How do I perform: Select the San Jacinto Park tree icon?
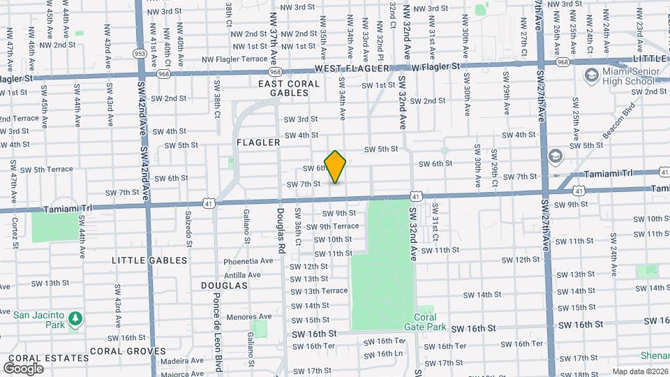click(75, 320)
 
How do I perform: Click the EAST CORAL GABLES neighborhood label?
click(288, 88)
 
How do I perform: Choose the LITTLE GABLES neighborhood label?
click(150, 260)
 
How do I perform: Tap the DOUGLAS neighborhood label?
click(224, 286)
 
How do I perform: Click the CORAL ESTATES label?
click(35, 357)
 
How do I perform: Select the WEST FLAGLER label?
click(351, 68)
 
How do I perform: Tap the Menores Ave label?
click(248, 317)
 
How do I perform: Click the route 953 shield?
click(140, 53)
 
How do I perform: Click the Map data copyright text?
click(640, 371)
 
